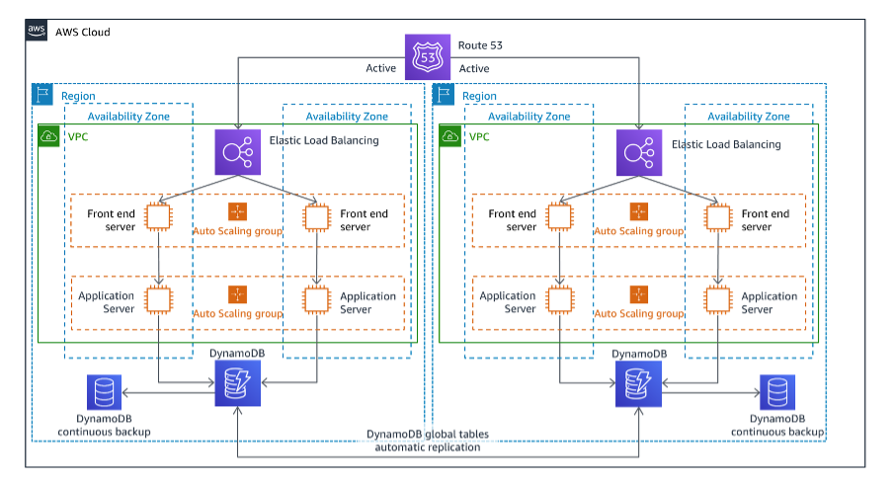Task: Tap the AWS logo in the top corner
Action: [37, 32]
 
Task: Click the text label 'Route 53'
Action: [481, 45]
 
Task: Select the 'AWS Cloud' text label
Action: [82, 32]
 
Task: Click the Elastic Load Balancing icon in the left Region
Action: [238, 152]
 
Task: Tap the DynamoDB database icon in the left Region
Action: [238, 384]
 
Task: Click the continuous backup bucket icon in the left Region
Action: [104, 392]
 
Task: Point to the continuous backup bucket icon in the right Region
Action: [776, 392]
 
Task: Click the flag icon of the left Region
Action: [42, 95]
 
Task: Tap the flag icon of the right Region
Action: [445, 95]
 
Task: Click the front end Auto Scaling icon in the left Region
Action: [237, 211]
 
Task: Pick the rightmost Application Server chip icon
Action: [718, 298]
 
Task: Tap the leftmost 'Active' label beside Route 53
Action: [380, 69]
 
